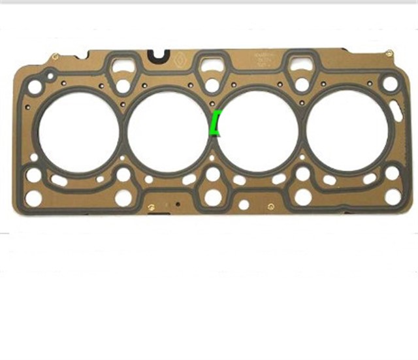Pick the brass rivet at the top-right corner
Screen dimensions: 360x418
click(389, 53)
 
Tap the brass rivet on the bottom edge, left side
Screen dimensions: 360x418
click(152, 208)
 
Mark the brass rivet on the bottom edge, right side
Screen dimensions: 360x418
click(270, 207)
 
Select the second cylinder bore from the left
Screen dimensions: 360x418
click(167, 130)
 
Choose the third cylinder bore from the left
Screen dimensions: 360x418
click(258, 130)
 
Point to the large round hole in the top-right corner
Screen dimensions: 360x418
click(390, 84)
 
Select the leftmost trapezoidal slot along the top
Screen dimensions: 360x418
click(122, 64)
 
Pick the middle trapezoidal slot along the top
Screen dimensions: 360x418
click(211, 63)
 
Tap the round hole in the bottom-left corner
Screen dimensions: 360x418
click(34, 197)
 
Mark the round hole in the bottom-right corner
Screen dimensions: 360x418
click(393, 196)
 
